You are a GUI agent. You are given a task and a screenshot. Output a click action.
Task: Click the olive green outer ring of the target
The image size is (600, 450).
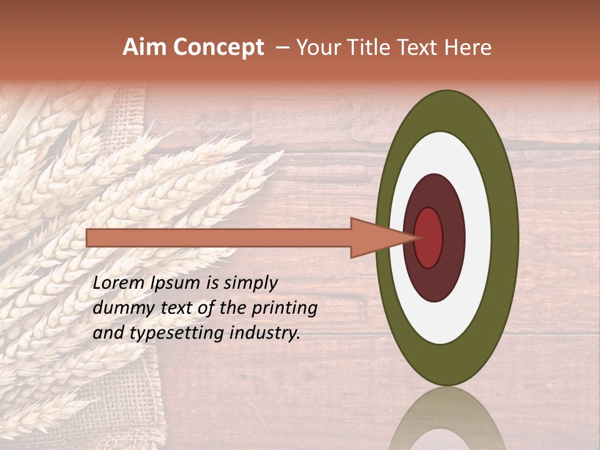[x=505, y=237]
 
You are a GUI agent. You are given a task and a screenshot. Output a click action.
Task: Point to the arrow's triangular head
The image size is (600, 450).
[x=375, y=237]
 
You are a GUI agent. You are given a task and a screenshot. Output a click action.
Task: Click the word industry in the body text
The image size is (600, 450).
[x=264, y=333]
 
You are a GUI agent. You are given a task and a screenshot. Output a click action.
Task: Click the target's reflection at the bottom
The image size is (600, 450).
[x=447, y=422]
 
